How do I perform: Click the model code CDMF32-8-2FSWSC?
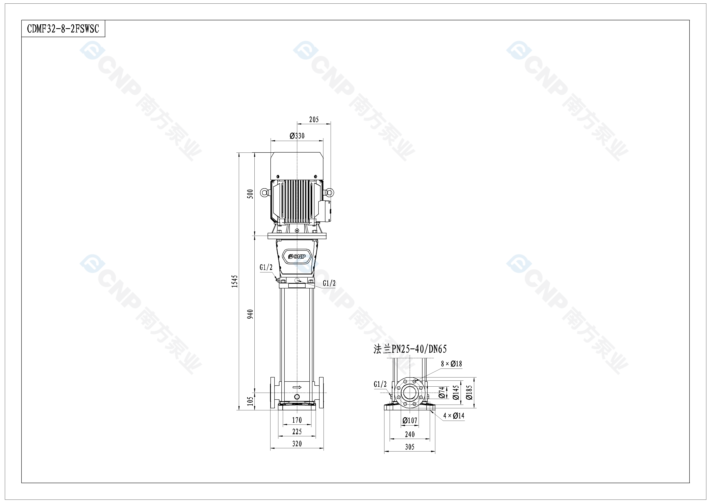tap(63, 29)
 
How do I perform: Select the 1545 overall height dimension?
tap(235, 281)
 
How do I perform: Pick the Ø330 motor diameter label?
tap(297, 136)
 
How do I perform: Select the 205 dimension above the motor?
tap(314, 119)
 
